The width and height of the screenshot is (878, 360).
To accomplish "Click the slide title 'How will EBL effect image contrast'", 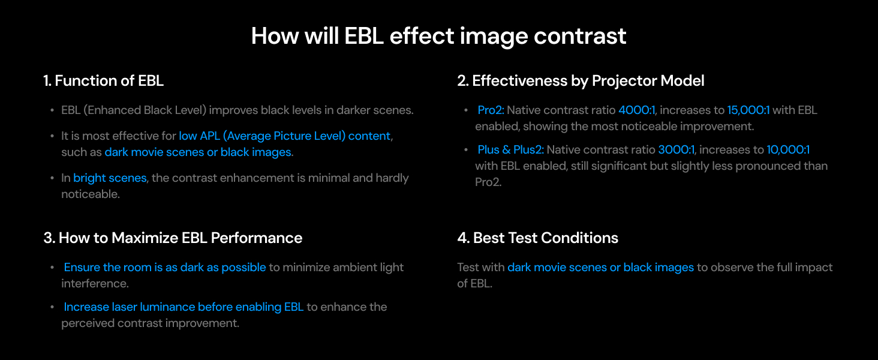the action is tap(438, 36).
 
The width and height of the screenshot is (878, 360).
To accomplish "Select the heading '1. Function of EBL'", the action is tap(104, 81).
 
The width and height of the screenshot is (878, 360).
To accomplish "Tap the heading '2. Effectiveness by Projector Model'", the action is tap(581, 81).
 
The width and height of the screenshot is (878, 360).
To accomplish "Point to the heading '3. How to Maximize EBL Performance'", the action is tap(173, 238).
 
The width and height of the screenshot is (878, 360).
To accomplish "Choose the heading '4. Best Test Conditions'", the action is tap(537, 238).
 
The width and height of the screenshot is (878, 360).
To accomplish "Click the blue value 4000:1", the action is tap(636, 110).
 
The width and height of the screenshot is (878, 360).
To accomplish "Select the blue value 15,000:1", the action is tap(748, 110).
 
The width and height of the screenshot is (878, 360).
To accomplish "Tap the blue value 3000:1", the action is tap(676, 150).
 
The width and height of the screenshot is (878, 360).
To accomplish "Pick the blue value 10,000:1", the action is tap(788, 150).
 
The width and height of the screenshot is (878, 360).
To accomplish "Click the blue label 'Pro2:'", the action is tap(491, 110).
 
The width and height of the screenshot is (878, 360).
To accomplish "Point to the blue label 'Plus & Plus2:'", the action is tap(511, 150).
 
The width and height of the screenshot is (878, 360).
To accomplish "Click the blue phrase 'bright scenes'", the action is tap(110, 178).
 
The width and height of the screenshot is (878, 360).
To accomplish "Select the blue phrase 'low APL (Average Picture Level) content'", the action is tap(284, 136).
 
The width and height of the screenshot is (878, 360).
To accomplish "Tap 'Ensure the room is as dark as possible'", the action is tap(165, 268).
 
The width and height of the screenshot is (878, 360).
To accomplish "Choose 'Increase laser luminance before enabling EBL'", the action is tap(184, 307).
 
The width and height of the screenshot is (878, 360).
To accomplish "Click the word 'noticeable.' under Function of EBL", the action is tap(91, 194).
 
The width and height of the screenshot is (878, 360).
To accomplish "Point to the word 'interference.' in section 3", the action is tap(95, 284).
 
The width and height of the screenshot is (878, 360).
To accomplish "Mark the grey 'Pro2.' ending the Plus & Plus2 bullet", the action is tap(488, 182).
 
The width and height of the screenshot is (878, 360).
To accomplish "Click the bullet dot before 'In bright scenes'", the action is tap(52, 178).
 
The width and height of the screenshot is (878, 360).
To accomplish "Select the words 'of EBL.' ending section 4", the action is tap(474, 284).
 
